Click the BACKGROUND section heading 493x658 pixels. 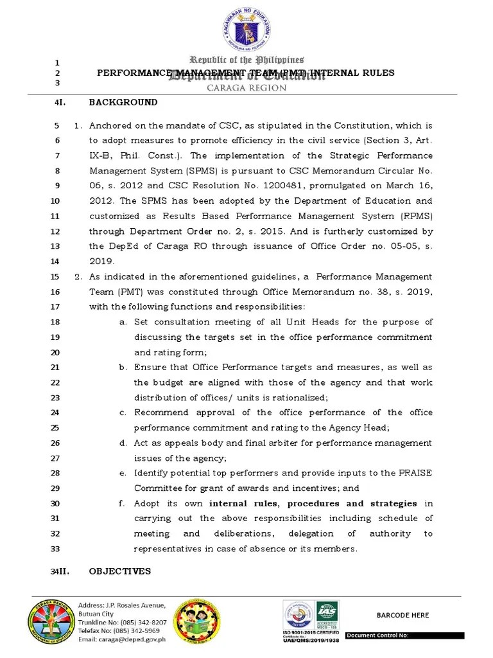[x=123, y=102]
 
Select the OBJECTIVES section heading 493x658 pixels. [x=120, y=571]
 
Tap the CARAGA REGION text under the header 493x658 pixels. [x=246, y=88]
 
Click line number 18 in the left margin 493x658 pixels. [x=55, y=322]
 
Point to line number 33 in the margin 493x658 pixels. [x=55, y=549]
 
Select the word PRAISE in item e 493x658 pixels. [x=414, y=474]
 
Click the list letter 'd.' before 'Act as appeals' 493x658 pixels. [x=123, y=443]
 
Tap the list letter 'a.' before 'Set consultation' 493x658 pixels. [x=123, y=322]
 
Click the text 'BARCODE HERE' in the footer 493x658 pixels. [x=402, y=615]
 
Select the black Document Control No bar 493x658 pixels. [x=404, y=636]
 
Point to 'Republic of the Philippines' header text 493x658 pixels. [x=246, y=60]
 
